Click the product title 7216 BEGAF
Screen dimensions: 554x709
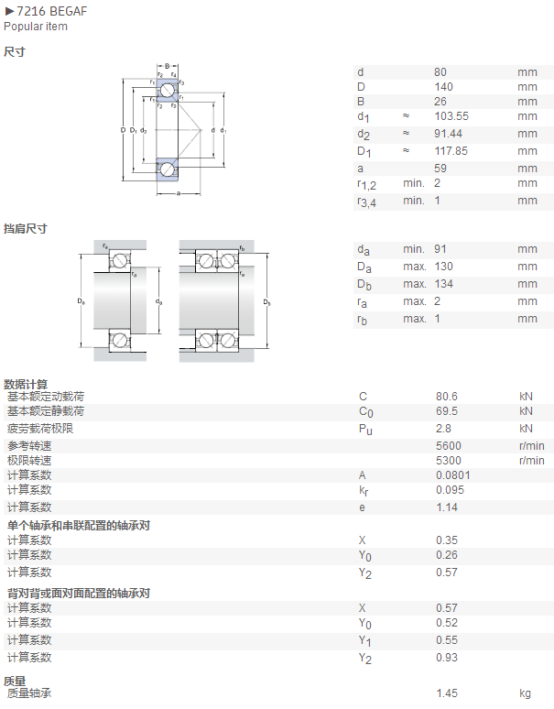(51, 11)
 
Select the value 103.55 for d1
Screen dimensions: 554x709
(451, 116)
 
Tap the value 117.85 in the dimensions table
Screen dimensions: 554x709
(451, 151)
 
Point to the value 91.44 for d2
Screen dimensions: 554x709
(449, 134)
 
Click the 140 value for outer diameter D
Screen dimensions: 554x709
(443, 87)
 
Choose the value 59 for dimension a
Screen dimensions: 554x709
(440, 169)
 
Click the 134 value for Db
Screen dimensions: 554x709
(443, 284)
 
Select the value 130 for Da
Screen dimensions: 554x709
(443, 267)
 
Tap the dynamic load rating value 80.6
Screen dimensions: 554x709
(447, 397)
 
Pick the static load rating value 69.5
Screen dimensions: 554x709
(447, 411)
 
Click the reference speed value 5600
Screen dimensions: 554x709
(449, 446)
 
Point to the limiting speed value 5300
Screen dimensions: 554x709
(449, 461)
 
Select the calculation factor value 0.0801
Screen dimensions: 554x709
(452, 475)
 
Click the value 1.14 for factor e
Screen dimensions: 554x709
(447, 507)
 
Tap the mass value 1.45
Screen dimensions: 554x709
(447, 693)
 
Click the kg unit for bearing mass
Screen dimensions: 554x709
(525, 693)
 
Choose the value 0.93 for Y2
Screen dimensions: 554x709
(447, 658)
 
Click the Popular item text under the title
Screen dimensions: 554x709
(36, 27)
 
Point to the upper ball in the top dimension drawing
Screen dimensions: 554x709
(168, 90)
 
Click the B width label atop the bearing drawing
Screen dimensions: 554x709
(168, 67)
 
